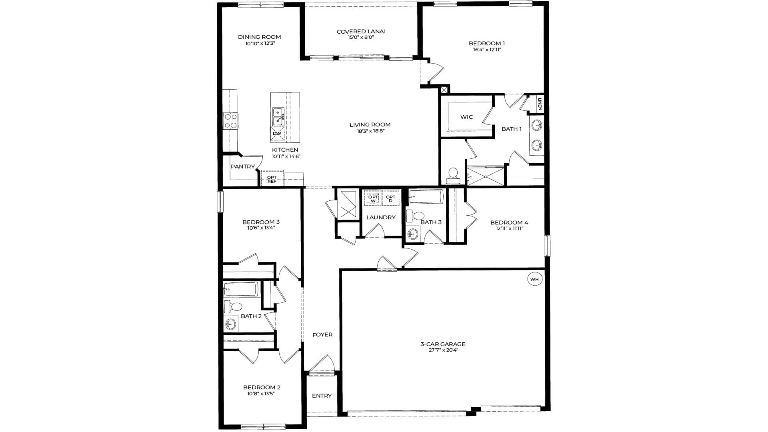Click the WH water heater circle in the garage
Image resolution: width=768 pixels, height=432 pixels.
click(535, 279)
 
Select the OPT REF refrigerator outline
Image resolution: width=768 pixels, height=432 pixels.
click(272, 179)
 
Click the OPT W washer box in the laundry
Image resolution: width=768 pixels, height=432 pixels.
click(373, 198)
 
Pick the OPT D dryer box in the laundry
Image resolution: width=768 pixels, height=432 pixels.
click(390, 198)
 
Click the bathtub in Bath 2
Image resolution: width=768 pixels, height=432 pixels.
click(241, 289)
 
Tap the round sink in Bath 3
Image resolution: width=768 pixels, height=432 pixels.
click(412, 233)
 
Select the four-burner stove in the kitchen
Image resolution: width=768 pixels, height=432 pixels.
click(230, 121)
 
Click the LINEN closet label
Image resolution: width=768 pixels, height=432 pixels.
click(540, 104)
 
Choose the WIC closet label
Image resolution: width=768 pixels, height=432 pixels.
click(466, 117)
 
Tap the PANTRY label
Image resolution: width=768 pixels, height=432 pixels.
click(242, 167)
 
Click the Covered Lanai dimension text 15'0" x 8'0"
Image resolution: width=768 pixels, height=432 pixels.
click(361, 38)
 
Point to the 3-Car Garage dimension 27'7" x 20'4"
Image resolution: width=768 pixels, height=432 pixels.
click(442, 350)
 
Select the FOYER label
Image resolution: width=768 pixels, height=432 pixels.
click(322, 335)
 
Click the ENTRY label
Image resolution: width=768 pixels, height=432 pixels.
click(322, 396)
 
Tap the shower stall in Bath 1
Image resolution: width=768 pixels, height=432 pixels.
click(486, 176)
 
